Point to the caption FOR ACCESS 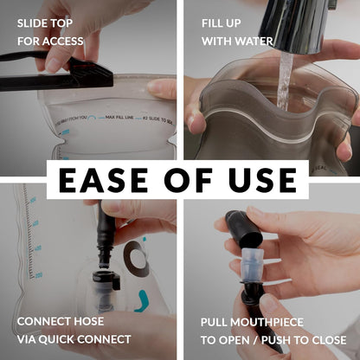coord(50,41)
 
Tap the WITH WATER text coord(237,41)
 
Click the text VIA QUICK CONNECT coord(74,339)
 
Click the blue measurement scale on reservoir coord(35,238)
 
